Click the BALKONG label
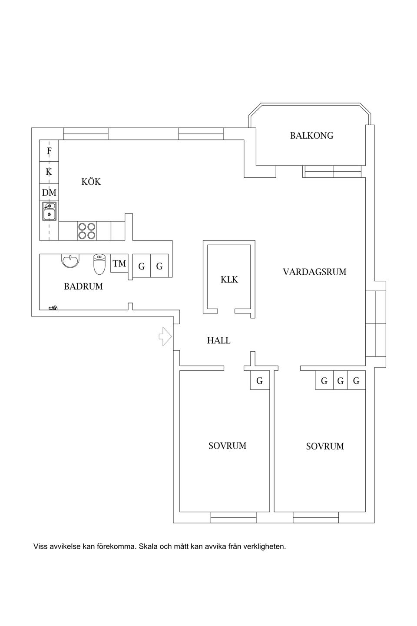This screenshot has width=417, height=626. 311,136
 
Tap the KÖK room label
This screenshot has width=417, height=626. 91,182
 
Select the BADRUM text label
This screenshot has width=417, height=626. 83,286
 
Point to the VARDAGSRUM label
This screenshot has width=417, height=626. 314,272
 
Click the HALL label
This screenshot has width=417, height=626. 218,340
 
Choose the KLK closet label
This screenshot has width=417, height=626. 229,280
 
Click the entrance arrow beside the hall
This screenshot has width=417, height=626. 165,336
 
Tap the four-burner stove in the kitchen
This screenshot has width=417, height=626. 87,231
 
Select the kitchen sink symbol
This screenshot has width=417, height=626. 49,211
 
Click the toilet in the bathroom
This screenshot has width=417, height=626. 99,264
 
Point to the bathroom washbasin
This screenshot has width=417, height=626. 70,261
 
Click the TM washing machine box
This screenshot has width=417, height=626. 119,264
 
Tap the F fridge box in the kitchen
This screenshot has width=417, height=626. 49,151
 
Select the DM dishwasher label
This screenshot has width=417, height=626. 49,192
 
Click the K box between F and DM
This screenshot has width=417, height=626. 49,172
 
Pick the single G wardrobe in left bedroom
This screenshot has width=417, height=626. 259,381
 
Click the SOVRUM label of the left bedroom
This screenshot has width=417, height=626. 227,446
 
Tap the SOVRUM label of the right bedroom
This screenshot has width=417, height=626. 324,446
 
